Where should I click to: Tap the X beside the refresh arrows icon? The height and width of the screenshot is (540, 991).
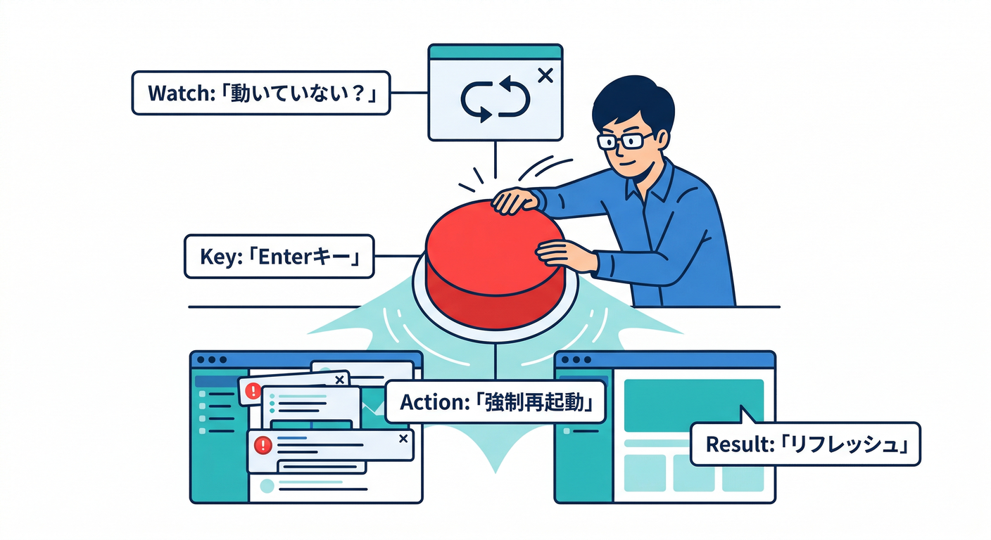pyautogui.click(x=544, y=75)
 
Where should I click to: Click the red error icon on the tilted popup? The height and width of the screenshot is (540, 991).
pyautogui.click(x=251, y=390)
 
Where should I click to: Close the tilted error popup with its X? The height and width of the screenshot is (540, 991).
pyautogui.click(x=339, y=380)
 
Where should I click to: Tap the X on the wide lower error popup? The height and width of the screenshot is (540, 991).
pyautogui.click(x=403, y=439)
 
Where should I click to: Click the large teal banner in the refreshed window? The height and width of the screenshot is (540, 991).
pyautogui.click(x=693, y=400)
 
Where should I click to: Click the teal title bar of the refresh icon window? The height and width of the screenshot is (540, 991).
pyautogui.click(x=495, y=52)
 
